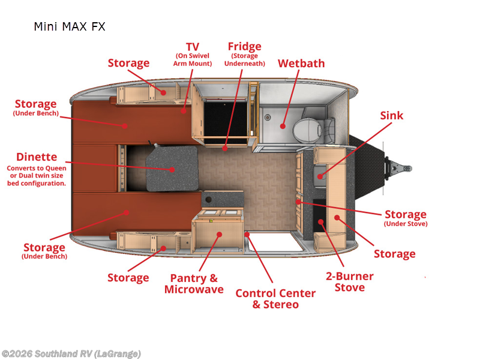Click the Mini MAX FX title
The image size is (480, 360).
pyautogui.click(x=69, y=27)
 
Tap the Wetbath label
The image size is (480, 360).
pyautogui.click(x=301, y=63)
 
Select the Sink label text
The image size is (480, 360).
pyautogui.click(x=392, y=115)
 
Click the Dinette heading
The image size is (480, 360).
pyautogui.click(x=37, y=158)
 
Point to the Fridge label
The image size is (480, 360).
pyautogui.click(x=244, y=47)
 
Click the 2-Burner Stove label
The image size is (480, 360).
pyautogui.click(x=349, y=281)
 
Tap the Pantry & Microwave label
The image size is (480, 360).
pyautogui.click(x=194, y=284)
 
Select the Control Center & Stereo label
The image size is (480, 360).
pyautogui.click(x=275, y=299)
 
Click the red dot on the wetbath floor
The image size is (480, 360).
pyautogui.click(x=281, y=126)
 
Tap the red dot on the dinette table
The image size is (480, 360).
pyautogui.click(x=173, y=169)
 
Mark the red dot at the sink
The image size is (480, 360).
pyautogui.click(x=320, y=176)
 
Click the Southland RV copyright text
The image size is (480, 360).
pyautogui.click(x=71, y=354)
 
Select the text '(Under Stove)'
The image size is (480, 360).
pyautogui.click(x=406, y=224)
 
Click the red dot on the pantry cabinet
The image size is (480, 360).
pyautogui.click(x=220, y=235)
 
